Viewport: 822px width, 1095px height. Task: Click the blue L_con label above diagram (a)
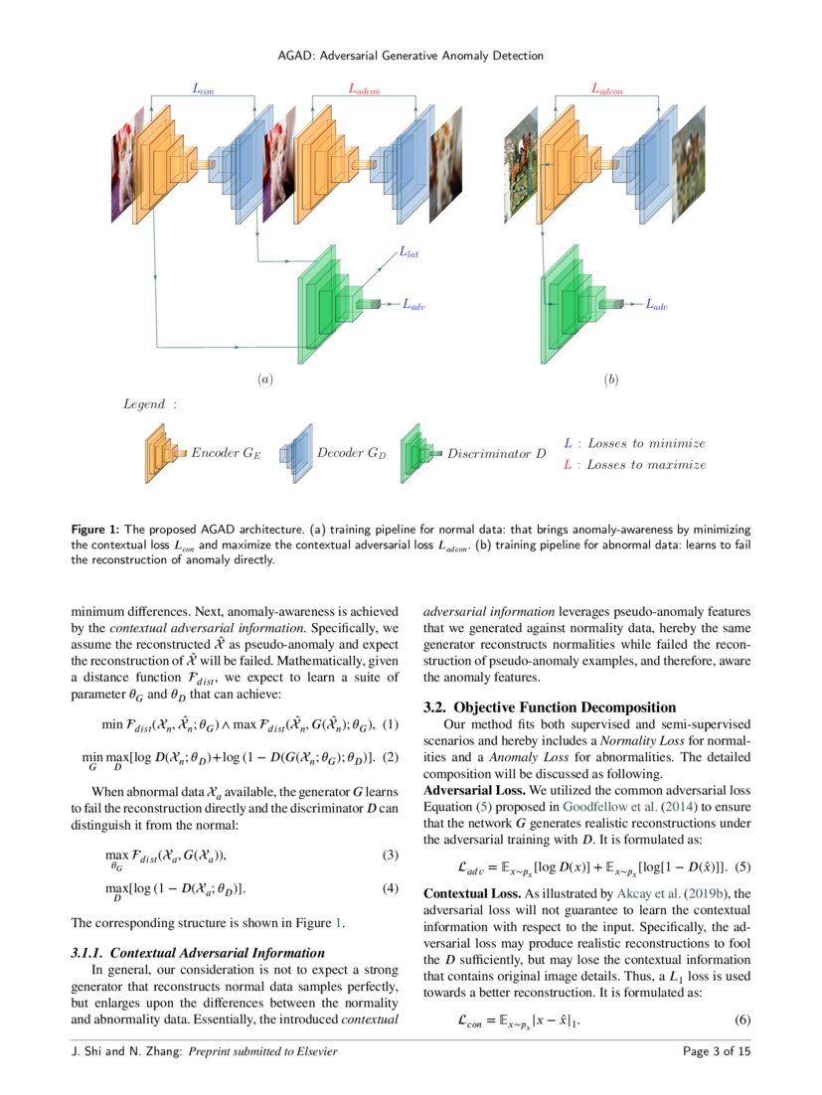[203, 89]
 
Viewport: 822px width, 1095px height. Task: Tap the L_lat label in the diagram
[409, 253]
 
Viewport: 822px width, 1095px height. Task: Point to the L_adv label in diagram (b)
[656, 305]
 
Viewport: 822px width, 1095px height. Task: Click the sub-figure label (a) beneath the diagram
[264, 380]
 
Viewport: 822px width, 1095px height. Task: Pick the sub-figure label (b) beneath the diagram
[610, 380]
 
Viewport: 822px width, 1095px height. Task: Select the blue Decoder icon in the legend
[296, 453]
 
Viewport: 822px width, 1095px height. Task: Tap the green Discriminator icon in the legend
[421, 452]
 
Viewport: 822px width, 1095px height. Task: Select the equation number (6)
[742, 1020]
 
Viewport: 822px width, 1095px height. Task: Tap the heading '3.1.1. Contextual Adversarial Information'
[198, 953]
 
